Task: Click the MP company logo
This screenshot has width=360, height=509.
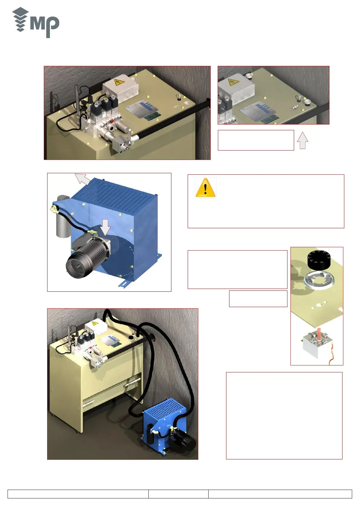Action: [36, 23]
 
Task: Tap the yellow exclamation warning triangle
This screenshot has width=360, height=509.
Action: [206, 188]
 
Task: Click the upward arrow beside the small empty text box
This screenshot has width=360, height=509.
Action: [302, 141]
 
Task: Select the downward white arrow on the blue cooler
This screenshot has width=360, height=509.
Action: [105, 227]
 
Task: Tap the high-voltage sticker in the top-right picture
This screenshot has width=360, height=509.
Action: [232, 82]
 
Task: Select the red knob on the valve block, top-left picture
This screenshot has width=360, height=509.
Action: [112, 122]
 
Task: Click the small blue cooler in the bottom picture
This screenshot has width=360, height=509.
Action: [163, 423]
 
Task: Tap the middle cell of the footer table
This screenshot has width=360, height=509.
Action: [178, 494]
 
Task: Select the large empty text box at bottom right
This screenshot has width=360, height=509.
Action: [284, 416]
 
